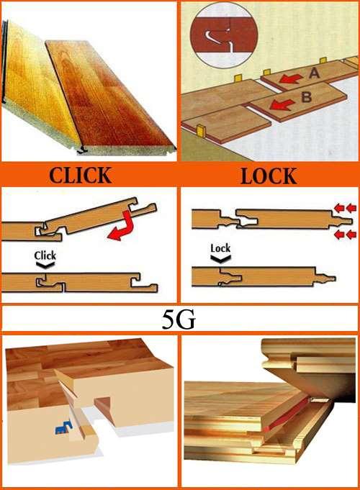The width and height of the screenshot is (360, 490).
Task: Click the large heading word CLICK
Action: (x=80, y=175)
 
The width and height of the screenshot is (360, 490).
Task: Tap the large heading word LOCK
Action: (x=269, y=176)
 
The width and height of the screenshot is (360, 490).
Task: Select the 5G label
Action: (x=179, y=319)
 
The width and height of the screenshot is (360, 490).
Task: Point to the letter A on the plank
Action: (x=314, y=73)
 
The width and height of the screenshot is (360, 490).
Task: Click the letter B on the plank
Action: (x=306, y=97)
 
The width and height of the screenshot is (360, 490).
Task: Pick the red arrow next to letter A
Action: (x=291, y=79)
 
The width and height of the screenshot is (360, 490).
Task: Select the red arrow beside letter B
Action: (x=282, y=104)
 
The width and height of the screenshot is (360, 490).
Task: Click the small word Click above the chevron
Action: (x=45, y=255)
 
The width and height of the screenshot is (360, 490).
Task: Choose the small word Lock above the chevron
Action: (x=220, y=248)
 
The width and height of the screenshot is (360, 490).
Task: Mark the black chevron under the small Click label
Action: (x=45, y=265)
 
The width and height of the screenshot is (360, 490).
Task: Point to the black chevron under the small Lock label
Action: (x=220, y=258)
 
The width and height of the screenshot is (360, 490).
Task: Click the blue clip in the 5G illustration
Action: (x=64, y=427)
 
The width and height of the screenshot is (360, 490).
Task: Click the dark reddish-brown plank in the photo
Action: (x=109, y=97)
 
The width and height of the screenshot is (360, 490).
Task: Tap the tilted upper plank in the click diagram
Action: (x=100, y=217)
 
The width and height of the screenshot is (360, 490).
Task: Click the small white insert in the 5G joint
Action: (x=319, y=399)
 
